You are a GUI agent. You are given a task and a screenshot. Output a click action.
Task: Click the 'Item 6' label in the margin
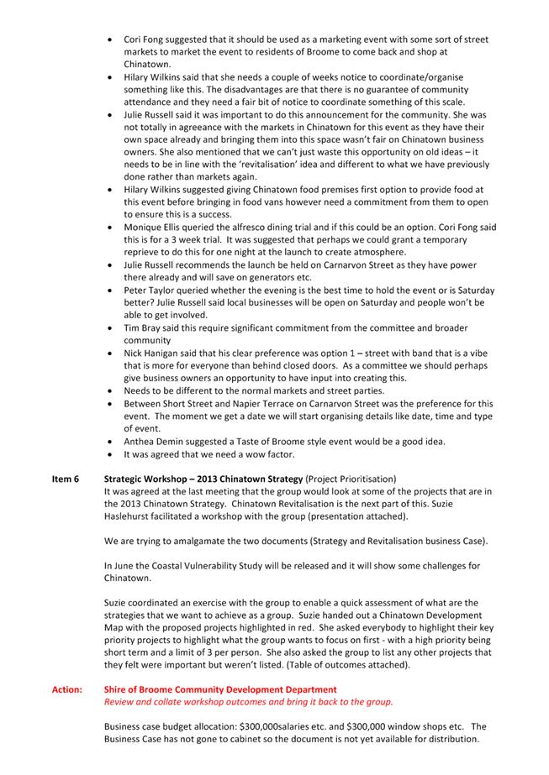click(64, 479)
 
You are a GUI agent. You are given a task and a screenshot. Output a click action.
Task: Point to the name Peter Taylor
click(151, 290)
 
